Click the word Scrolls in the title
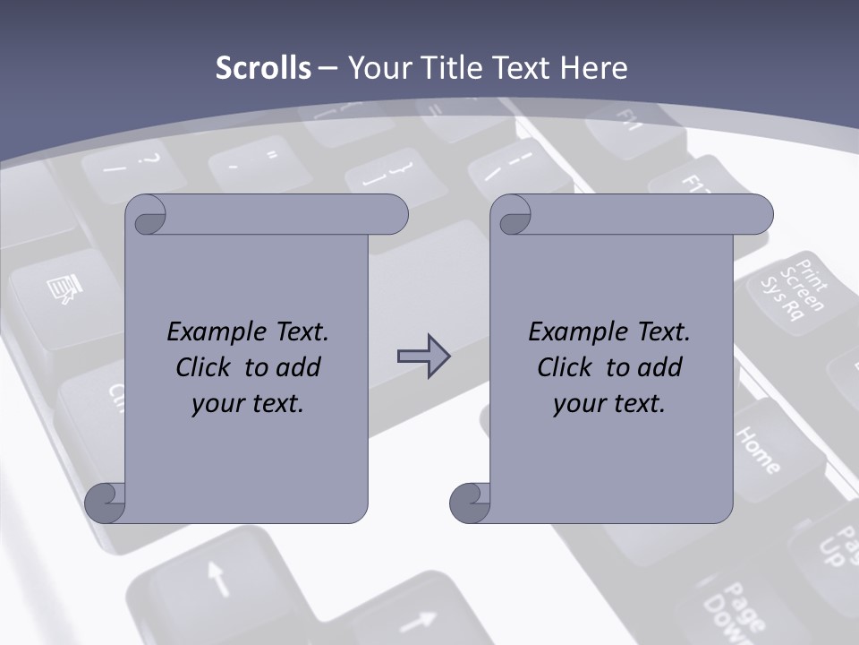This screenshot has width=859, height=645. point(263,68)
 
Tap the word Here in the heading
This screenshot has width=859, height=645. point(594,68)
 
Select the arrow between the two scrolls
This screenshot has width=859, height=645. point(423,357)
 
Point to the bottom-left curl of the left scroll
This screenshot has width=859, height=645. point(106,503)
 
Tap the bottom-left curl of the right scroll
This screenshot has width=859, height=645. point(470,503)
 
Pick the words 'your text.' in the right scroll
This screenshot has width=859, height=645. point(608,403)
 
